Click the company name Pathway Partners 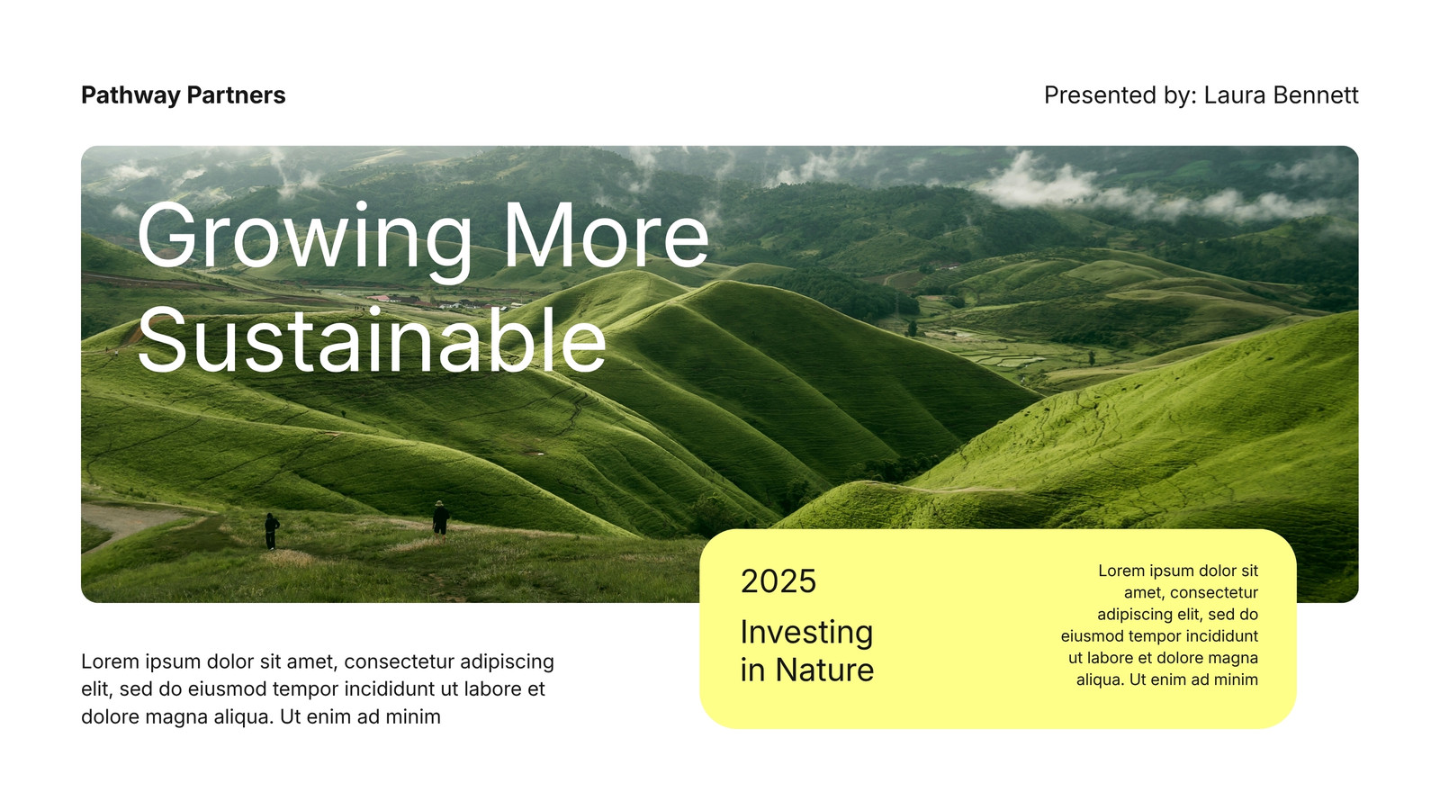(x=184, y=95)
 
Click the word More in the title (x=607, y=235)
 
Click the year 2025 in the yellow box (x=778, y=581)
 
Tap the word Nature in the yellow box (x=824, y=670)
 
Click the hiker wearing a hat (x=440, y=518)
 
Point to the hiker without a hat (x=271, y=531)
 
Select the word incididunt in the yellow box (x=1221, y=636)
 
